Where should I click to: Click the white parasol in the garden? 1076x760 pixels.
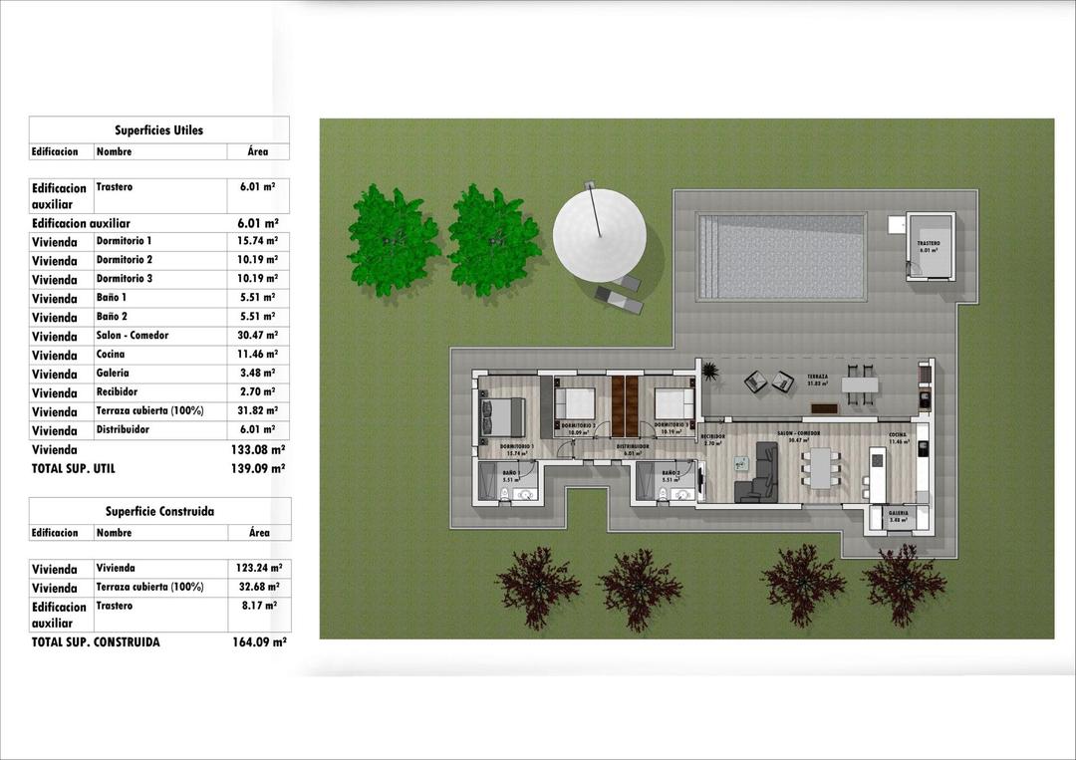coord(599,235)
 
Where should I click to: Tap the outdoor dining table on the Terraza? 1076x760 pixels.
coord(862,384)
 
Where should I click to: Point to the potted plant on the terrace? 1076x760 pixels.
coord(710,372)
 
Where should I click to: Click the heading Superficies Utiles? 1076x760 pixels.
coord(158,130)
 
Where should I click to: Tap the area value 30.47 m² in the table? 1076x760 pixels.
coord(258,336)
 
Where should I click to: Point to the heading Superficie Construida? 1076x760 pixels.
coord(159,512)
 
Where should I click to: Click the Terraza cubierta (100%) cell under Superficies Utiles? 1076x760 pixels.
coord(149,411)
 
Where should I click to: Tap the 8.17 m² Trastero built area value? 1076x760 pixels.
coord(258,606)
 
